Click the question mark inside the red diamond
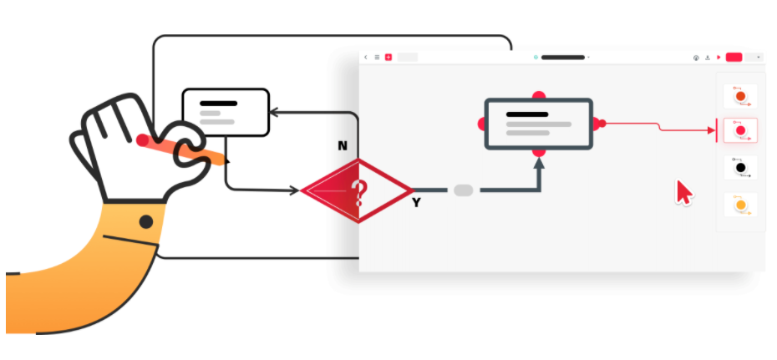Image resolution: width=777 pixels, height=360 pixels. click(x=359, y=192)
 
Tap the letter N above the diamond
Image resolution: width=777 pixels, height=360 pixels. click(x=343, y=145)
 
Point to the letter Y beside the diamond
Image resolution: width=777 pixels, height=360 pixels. click(x=416, y=202)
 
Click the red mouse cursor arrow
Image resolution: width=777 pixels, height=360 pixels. click(x=683, y=192)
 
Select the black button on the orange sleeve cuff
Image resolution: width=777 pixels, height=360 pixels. click(x=146, y=221)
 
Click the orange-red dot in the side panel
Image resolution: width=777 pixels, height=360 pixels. click(x=740, y=96)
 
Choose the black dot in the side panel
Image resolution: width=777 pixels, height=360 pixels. click(x=740, y=168)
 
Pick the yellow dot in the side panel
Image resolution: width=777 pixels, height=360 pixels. click(x=740, y=204)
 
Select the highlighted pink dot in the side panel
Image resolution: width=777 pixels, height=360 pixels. click(x=740, y=131)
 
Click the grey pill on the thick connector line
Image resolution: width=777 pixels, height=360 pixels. click(x=463, y=190)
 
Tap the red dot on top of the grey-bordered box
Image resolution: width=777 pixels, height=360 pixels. click(x=539, y=95)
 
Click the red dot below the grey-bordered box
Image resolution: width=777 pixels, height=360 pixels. click(x=539, y=153)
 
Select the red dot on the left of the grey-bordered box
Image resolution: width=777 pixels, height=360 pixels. click(x=482, y=124)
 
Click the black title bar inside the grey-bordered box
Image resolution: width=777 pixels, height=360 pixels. click(x=527, y=114)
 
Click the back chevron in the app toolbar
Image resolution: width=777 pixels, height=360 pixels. click(x=366, y=58)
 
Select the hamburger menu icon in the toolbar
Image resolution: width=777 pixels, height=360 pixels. click(x=377, y=58)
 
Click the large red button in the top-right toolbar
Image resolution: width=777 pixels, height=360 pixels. click(x=734, y=58)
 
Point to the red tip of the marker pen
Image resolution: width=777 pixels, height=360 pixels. click(x=144, y=139)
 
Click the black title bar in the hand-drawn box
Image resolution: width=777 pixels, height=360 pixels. click(x=219, y=104)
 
